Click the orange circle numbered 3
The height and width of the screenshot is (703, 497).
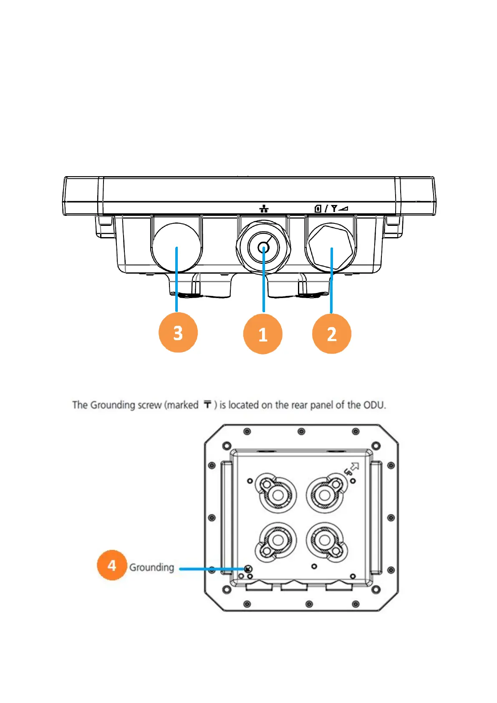click(178, 333)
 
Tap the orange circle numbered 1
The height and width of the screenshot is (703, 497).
click(262, 334)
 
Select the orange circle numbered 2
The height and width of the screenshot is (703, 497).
click(331, 334)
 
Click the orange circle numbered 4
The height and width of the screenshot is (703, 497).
click(111, 565)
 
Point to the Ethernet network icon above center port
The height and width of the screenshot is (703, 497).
click(264, 209)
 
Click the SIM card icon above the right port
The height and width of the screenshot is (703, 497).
click(318, 208)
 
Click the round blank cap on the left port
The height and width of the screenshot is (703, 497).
click(177, 247)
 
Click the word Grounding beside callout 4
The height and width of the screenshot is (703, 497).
click(151, 567)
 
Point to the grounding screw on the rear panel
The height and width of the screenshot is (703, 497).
click(248, 569)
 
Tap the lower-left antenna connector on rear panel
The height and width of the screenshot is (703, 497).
click(277, 541)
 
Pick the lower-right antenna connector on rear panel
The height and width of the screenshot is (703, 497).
click(324, 541)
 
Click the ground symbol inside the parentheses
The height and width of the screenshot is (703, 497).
click(207, 404)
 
